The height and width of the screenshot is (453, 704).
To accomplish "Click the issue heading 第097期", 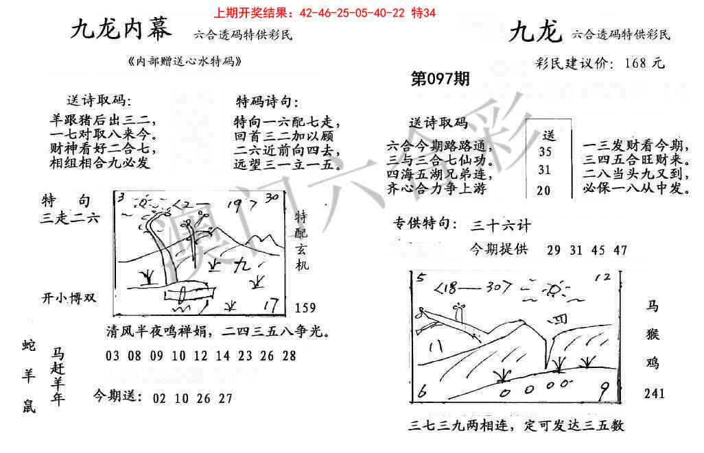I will (440, 79).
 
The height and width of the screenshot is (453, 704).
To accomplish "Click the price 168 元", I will (645, 63).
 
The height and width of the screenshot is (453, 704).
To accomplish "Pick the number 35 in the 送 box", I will (545, 152).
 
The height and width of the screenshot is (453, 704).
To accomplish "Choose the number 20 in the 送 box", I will (543, 191).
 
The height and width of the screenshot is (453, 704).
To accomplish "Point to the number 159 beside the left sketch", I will (306, 308).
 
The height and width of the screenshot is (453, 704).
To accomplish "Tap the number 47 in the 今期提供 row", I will (620, 250).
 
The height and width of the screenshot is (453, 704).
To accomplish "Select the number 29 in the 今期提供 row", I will (554, 250).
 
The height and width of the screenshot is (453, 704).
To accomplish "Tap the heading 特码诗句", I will (267, 102).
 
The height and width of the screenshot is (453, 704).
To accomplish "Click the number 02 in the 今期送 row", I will (160, 398).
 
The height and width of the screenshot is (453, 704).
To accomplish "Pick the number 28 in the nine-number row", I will (289, 356).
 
